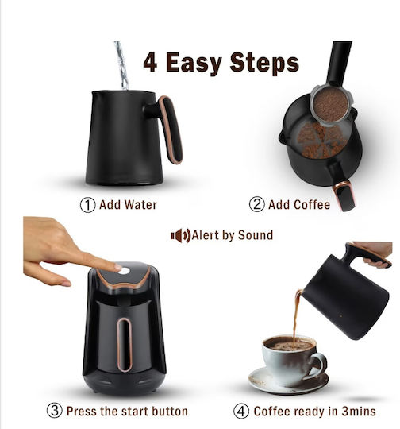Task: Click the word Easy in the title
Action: (194, 63)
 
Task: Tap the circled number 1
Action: (88, 205)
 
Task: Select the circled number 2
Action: (256, 204)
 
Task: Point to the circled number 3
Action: (55, 411)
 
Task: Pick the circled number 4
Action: (241, 412)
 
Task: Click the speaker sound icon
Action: (180, 236)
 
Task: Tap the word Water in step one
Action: (140, 205)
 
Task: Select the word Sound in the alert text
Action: (256, 235)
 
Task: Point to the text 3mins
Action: (359, 412)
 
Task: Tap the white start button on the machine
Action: (124, 271)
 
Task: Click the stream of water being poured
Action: (122, 66)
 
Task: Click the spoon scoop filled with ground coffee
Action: (330, 105)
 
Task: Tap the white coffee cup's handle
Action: (318, 365)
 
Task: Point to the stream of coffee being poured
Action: (296, 315)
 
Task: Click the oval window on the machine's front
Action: (125, 345)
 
